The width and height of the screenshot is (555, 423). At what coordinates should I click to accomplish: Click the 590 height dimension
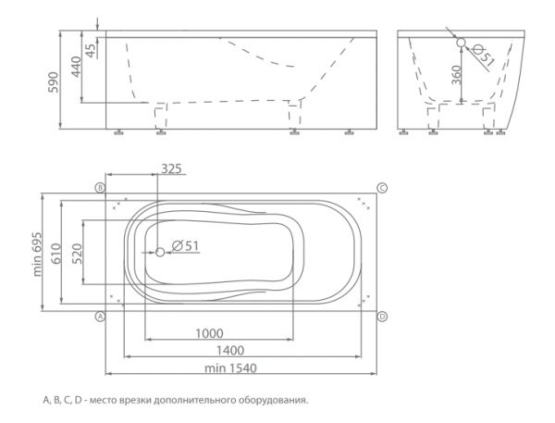pyautogui.click(x=54, y=81)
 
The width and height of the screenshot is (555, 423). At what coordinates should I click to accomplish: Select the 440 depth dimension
pyautogui.click(x=76, y=67)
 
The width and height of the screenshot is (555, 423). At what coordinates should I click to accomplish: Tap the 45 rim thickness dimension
pyautogui.click(x=91, y=51)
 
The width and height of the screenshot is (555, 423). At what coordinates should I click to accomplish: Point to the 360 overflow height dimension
pyautogui.click(x=457, y=75)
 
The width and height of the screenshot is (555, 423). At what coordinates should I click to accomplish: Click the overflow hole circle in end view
pyautogui.click(x=461, y=43)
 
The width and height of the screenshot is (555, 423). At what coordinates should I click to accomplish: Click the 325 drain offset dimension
pyautogui.click(x=171, y=168)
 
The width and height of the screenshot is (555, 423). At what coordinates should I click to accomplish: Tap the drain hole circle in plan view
pyautogui.click(x=160, y=253)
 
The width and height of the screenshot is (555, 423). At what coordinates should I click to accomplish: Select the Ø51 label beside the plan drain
pyautogui.click(x=186, y=245)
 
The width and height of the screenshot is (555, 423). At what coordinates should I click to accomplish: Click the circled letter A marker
pyautogui.click(x=101, y=317)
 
